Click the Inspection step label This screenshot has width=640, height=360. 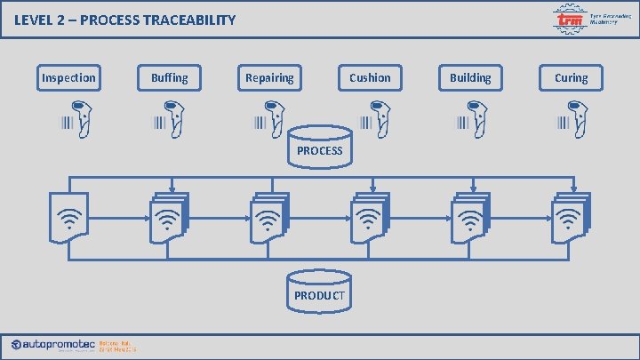68,78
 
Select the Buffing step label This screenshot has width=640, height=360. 169,78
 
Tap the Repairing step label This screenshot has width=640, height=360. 269,78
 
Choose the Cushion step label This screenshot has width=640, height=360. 370,78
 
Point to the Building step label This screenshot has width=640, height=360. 470,78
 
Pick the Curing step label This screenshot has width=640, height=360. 571,78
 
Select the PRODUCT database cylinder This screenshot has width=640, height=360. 319,291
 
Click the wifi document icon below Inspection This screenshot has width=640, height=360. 68,218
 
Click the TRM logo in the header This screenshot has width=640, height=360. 569,19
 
